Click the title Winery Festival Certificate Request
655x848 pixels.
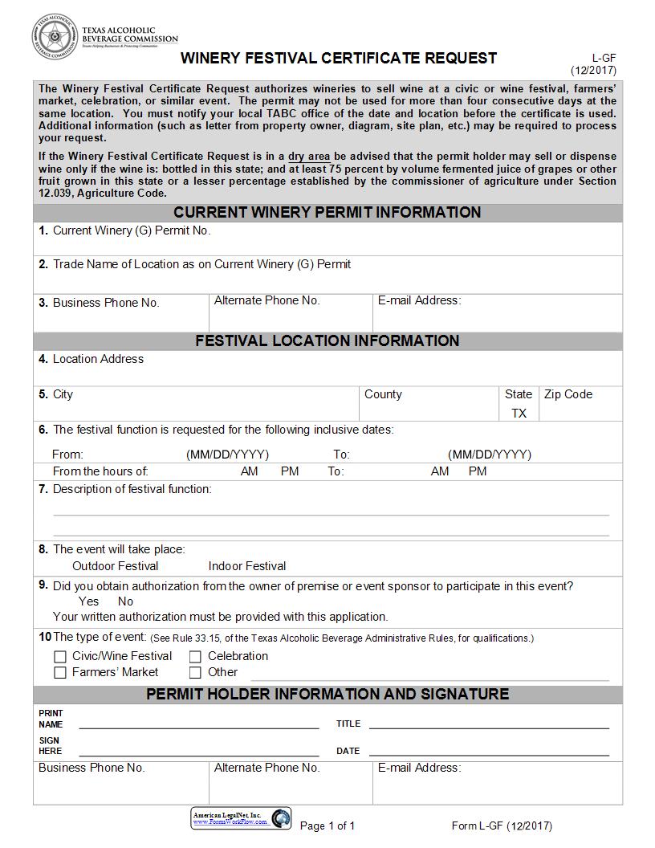338,58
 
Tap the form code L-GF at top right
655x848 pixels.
604,58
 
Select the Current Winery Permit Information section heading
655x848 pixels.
327,213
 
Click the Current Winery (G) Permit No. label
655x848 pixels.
132,230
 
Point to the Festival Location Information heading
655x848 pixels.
327,341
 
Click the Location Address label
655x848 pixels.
98,359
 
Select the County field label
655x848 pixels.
383,394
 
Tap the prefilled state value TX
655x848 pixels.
519,413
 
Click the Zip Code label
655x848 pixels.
568,394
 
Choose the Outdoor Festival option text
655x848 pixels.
116,566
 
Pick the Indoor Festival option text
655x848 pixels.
247,566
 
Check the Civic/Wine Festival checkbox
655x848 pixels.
60,657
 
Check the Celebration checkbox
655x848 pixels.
195,657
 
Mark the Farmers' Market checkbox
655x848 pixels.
60,673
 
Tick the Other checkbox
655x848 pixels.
195,673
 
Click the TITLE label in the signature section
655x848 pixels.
348,724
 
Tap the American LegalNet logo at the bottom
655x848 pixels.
242,818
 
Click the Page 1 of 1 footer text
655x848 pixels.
327,826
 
